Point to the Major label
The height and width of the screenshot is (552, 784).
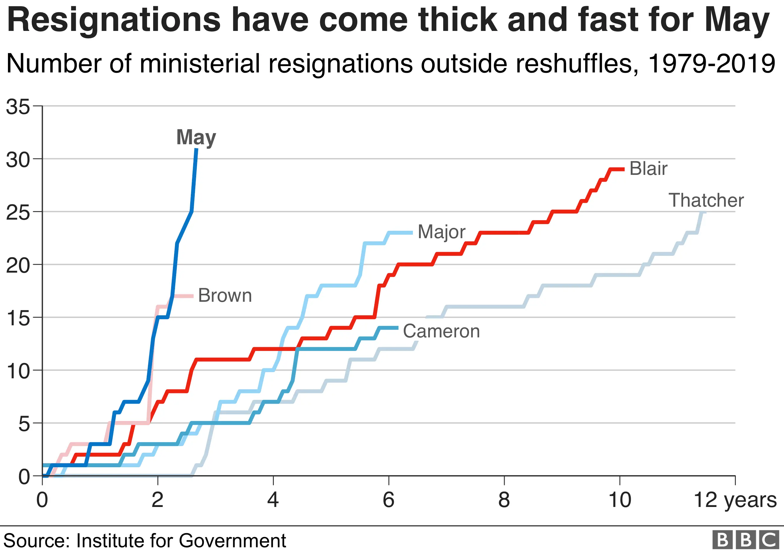tap(441, 232)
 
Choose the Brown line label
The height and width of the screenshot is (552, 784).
tap(225, 295)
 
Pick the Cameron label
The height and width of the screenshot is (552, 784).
tap(441, 331)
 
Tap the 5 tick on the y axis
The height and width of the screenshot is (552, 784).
tap(24, 424)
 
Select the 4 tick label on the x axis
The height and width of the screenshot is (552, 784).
tap(273, 500)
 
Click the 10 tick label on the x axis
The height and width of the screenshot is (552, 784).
tap(619, 500)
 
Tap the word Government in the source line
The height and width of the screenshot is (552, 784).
tap(232, 541)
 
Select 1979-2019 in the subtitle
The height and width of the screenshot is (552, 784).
tap(711, 64)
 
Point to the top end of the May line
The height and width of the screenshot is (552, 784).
tap(196, 149)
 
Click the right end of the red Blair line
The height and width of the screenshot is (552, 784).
tap(623, 169)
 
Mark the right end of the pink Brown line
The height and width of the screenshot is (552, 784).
tap(193, 296)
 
